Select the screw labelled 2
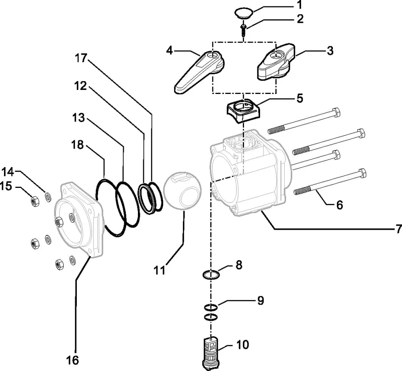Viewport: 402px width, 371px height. point(243,30)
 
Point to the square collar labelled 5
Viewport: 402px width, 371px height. point(244,110)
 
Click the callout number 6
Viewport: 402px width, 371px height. point(339,205)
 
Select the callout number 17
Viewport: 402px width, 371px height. point(81,58)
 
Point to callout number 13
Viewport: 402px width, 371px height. point(78,118)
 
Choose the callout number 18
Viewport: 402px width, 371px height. point(78,145)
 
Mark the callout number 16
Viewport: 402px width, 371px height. point(72,360)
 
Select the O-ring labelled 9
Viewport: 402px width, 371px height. point(211,306)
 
